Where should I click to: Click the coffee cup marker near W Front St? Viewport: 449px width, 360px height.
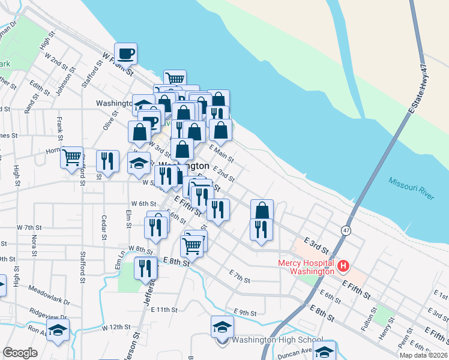pos(126,54)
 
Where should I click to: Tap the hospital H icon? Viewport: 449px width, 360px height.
pos(344,265)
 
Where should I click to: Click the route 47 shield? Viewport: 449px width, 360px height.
pos(346,230)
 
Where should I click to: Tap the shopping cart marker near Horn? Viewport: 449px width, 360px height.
pos(71,157)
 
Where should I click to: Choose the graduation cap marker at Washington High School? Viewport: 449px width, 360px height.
pos(222,327)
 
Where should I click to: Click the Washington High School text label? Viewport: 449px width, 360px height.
pos(277,340)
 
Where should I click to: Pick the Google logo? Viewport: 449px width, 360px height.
pos(20,353)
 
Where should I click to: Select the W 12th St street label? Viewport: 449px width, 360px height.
pos(116,328)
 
